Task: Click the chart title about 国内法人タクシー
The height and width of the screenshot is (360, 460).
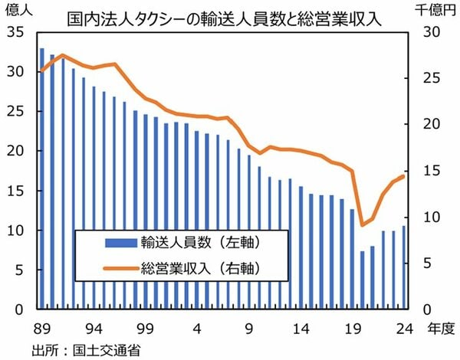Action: point(224,20)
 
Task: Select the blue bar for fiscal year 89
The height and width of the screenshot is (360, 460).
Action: point(42,178)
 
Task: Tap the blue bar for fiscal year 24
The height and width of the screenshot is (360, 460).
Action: point(404,267)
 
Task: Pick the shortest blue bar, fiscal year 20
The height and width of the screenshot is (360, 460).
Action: point(363,280)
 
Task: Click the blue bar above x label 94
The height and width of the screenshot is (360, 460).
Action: point(94,198)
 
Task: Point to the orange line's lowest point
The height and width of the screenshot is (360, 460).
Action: point(363,225)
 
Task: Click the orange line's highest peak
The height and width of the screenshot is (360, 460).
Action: point(63,55)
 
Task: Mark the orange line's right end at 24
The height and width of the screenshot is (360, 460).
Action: point(403,176)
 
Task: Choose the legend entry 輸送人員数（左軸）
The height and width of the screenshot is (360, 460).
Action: point(182,243)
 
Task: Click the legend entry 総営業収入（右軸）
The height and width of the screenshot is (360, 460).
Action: point(182,267)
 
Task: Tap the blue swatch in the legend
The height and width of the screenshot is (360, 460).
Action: point(121,243)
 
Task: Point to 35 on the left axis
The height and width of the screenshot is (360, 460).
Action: point(15,31)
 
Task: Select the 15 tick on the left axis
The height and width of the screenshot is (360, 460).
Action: point(15,191)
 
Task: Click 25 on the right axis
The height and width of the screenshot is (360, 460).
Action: point(432,78)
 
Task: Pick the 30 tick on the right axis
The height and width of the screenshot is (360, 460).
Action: point(432,31)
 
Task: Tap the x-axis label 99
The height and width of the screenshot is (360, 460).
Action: point(145,329)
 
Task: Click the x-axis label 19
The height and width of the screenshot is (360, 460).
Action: point(353,329)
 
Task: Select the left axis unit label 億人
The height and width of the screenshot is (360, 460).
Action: point(18,10)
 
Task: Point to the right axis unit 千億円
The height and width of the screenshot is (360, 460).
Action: point(435,10)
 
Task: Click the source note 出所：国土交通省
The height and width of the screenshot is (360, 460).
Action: point(86,350)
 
